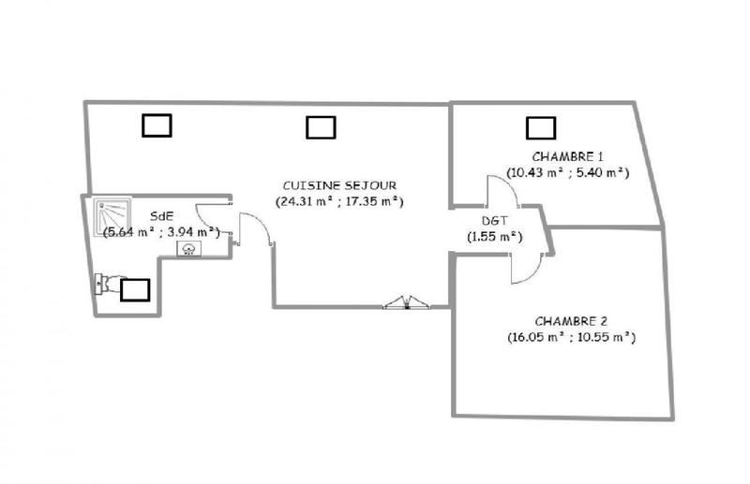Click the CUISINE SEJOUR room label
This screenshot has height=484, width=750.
pyautogui.click(x=338, y=185)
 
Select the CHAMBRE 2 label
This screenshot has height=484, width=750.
pyautogui.click(x=569, y=320)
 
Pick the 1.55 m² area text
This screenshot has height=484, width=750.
pyautogui.click(x=494, y=237)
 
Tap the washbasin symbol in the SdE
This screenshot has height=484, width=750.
pyautogui.click(x=190, y=248)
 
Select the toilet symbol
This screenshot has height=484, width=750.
pyautogui.click(x=107, y=282)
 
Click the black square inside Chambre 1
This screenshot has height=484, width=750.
pyautogui.click(x=540, y=125)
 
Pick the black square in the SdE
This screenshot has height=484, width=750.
pyautogui.click(x=135, y=290)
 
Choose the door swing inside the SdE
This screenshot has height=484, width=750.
pyautogui.click(x=213, y=213)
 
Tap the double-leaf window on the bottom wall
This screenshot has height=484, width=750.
pyautogui.click(x=407, y=301)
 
